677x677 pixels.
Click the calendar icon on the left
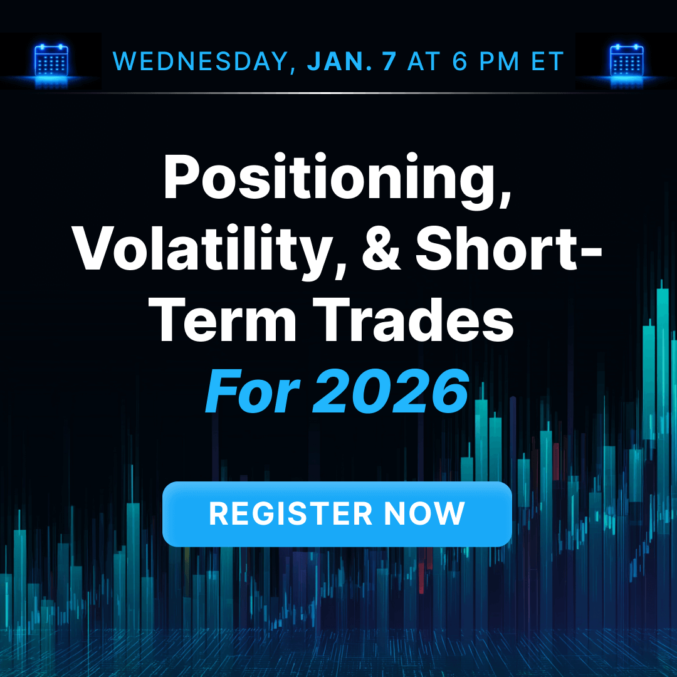coord(51,61)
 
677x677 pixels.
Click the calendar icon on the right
coord(626,61)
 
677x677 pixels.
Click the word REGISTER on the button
coord(290,513)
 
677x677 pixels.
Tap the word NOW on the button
coord(424,513)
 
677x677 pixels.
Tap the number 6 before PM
coord(459,61)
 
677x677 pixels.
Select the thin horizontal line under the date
coord(338,93)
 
